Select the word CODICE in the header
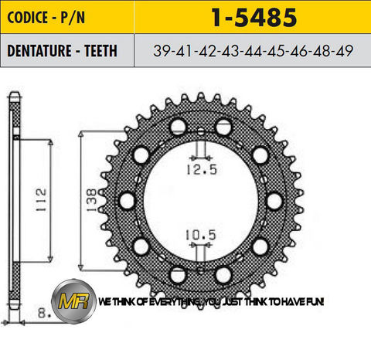(x=30, y=17)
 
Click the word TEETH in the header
(x=100, y=49)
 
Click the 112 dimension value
(x=41, y=192)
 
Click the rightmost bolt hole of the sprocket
(x=274, y=201)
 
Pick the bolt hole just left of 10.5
(x=177, y=274)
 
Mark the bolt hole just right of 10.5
(x=224, y=274)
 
